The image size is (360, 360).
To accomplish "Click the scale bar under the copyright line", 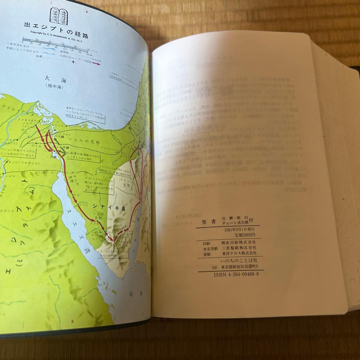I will point(55,42).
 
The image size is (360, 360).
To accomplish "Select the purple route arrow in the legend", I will point(96,63).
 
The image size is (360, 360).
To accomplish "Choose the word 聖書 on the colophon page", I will point(207,222).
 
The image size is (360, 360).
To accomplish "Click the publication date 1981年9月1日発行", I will point(239,230).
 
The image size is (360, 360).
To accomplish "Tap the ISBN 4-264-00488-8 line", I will point(236,274).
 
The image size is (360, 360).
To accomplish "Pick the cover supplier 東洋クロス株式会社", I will point(239,254).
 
